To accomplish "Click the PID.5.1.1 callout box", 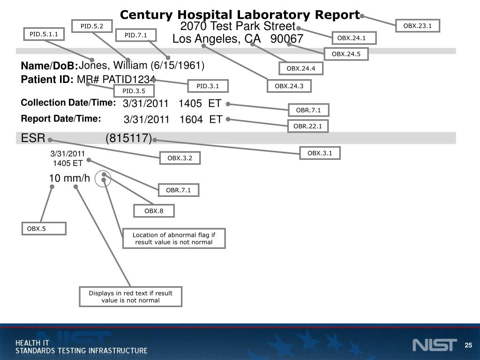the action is coord(44,34).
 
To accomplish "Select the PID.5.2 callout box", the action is coord(92,26).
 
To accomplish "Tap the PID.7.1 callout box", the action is coord(135,35).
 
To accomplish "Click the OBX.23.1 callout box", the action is coord(417,26).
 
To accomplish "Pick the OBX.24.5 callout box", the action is coord(346,54).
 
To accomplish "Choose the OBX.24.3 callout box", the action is coord(289,86).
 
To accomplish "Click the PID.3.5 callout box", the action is coord(134,91).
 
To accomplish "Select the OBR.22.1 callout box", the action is coord(307,126).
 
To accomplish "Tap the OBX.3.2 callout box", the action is coord(180,158).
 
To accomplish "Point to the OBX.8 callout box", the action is coord(154,211).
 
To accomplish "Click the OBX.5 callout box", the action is coord(44,229).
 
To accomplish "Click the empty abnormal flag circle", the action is coord(103,179).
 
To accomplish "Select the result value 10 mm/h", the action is coord(69,178).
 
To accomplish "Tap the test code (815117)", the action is coord(129,138).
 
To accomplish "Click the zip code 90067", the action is coord(287,39).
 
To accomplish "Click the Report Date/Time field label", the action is coord(61,119).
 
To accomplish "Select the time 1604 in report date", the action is coord(191,120).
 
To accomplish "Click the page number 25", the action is coord(468,345).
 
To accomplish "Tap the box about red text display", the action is coord(130,297).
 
